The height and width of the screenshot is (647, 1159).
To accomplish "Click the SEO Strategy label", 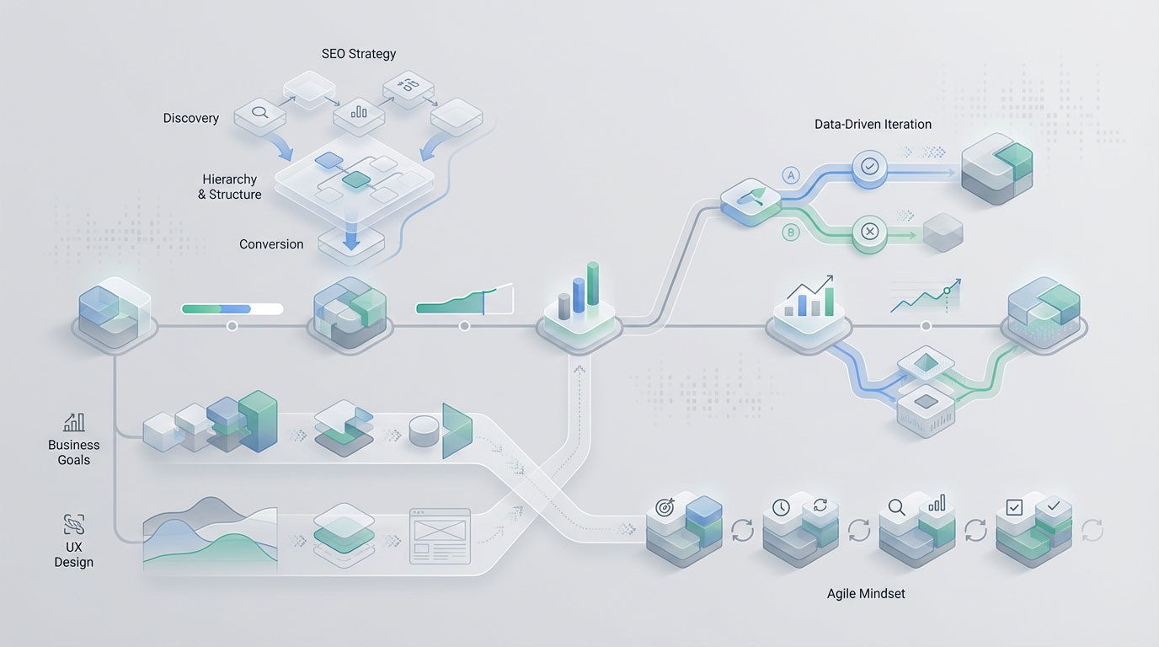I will point(358,54).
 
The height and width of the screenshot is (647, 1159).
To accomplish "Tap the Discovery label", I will point(190,118).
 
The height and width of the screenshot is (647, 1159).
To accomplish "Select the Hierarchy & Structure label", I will point(229,187).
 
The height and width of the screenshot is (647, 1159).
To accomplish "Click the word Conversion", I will point(271,244).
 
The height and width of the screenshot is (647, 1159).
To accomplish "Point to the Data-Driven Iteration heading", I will point(873,124).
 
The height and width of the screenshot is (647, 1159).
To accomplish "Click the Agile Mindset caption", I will point(866,593).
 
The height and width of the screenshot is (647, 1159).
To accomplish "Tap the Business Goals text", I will point(73,452).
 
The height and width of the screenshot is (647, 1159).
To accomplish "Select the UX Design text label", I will point(73,554).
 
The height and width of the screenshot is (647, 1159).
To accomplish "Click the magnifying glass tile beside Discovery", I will point(259,111).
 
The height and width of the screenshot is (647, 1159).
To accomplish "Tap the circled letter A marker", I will point(790,175).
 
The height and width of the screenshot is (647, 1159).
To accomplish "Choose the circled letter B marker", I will point(790,233).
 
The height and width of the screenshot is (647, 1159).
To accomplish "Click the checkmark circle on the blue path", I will point(869,167).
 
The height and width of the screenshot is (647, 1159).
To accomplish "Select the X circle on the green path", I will point(869,230).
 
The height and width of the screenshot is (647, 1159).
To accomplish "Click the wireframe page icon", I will point(439,536).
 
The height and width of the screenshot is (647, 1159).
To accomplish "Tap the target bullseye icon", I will point(666,508).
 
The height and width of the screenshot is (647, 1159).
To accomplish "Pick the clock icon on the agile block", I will point(782,507).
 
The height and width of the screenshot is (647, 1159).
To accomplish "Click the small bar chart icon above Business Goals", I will point(73,422).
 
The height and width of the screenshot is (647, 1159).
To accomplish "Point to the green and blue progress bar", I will point(232,309).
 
